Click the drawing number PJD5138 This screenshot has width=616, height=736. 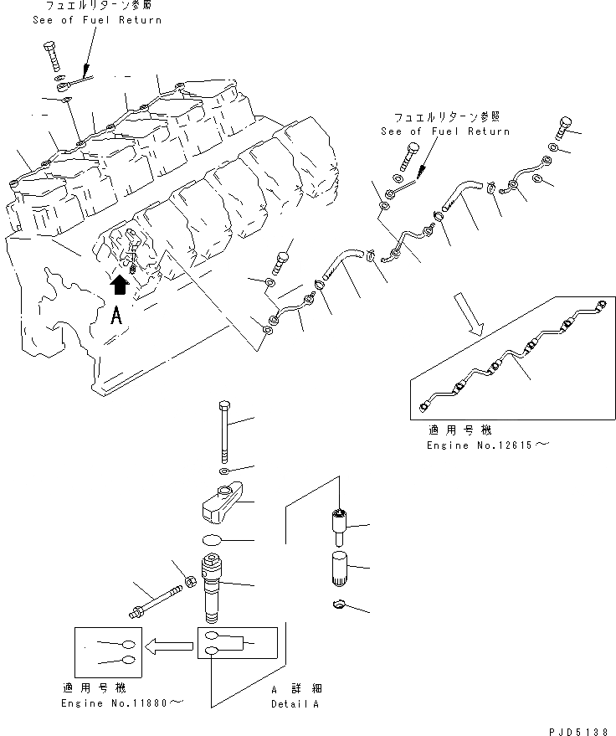574,730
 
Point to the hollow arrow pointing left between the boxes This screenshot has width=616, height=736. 166,645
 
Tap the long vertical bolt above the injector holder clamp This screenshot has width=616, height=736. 225,430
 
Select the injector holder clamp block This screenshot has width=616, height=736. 223,502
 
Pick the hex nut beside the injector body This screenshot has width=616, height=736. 190,579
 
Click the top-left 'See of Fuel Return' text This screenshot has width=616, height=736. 96,20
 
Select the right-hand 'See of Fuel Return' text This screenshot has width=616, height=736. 444,131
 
